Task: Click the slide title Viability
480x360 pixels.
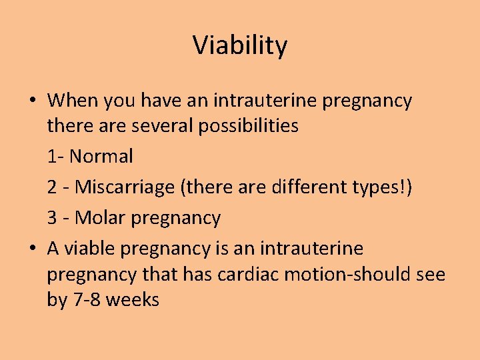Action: (x=240, y=46)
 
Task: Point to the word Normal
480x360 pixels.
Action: (x=101, y=157)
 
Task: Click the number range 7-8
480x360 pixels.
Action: (x=86, y=300)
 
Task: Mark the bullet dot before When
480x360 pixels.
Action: (x=33, y=101)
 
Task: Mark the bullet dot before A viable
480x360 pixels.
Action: (x=33, y=249)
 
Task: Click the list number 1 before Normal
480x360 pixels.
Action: (x=51, y=157)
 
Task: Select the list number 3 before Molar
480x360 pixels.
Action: (x=52, y=218)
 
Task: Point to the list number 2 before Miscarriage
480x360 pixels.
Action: (x=52, y=187)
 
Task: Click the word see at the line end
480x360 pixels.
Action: (x=429, y=275)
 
